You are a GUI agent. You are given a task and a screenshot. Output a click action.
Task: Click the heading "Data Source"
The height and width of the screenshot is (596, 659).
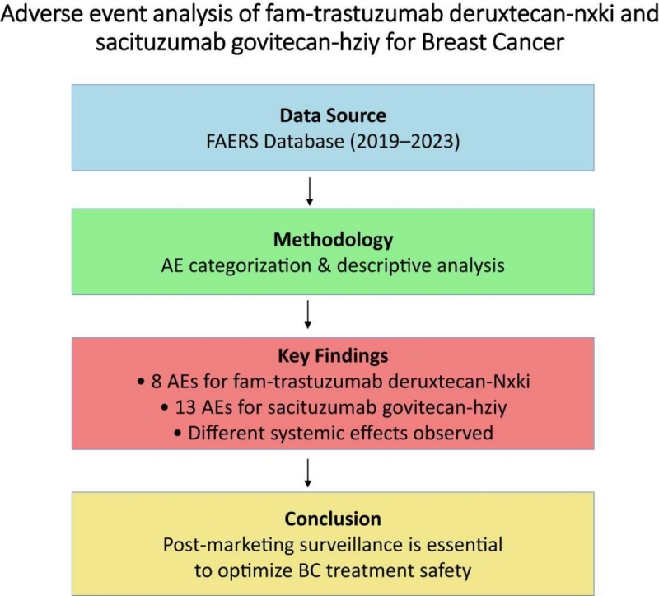(x=333, y=115)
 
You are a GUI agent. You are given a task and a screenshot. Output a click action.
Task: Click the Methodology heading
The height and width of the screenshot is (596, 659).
(x=333, y=240)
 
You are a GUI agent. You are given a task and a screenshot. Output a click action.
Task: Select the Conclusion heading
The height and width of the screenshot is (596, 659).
(x=333, y=519)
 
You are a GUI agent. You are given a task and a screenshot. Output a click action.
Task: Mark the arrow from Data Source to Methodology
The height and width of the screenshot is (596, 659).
(x=309, y=190)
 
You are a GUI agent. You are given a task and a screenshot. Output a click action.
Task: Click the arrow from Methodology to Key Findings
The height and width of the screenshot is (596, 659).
(x=309, y=313)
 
